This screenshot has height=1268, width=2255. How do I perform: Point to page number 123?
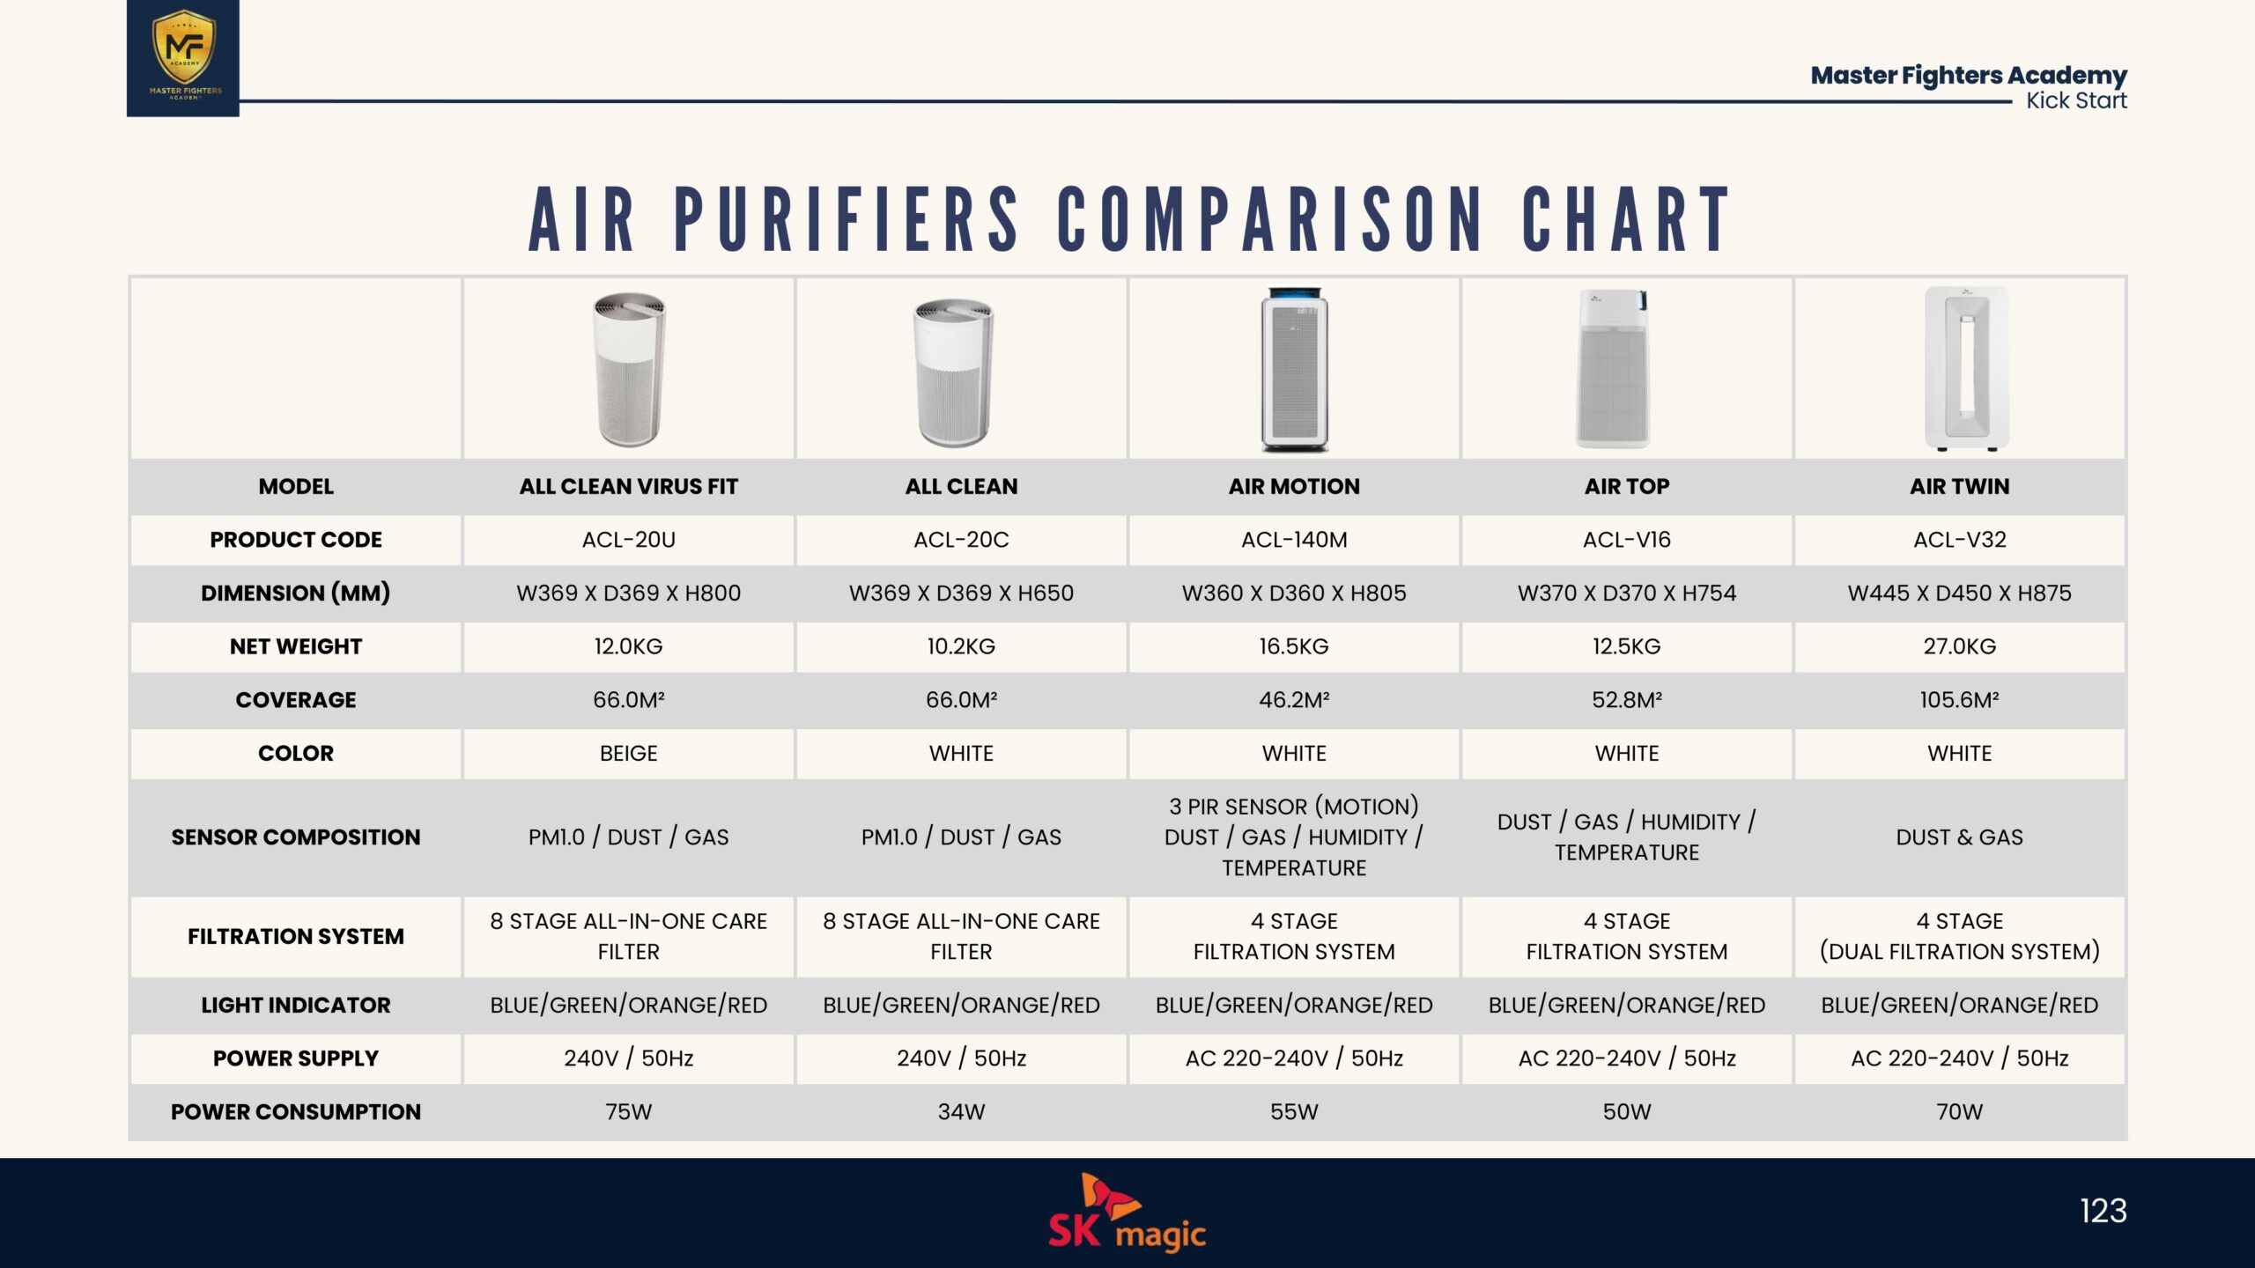point(2103,1211)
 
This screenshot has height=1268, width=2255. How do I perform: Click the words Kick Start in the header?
point(2076,100)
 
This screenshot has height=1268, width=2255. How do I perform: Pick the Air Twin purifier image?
point(1966,368)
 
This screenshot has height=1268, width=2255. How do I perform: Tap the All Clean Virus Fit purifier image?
point(629,370)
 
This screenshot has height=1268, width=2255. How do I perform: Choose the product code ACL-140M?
point(1294,540)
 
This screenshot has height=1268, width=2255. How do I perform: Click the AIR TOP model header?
point(1627,486)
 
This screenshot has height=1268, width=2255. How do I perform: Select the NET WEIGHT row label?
point(296,646)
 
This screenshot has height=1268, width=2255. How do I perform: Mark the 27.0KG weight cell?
point(1960,646)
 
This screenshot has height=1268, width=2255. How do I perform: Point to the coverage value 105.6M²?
point(1960,700)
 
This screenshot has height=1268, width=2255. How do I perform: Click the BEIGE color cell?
point(629,754)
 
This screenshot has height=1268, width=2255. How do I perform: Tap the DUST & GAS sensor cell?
point(1960,837)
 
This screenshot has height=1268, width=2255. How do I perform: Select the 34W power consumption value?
point(961,1112)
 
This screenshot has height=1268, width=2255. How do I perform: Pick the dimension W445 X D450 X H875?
point(1960,593)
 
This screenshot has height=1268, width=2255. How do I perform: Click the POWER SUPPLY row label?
point(296,1058)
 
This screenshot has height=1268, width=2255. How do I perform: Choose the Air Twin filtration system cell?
point(1960,936)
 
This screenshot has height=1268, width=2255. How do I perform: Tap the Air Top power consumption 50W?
point(1627,1112)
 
